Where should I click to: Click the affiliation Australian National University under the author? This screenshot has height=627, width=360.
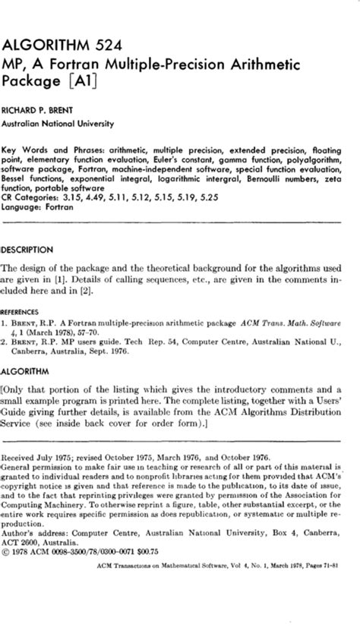[x=58, y=124]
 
